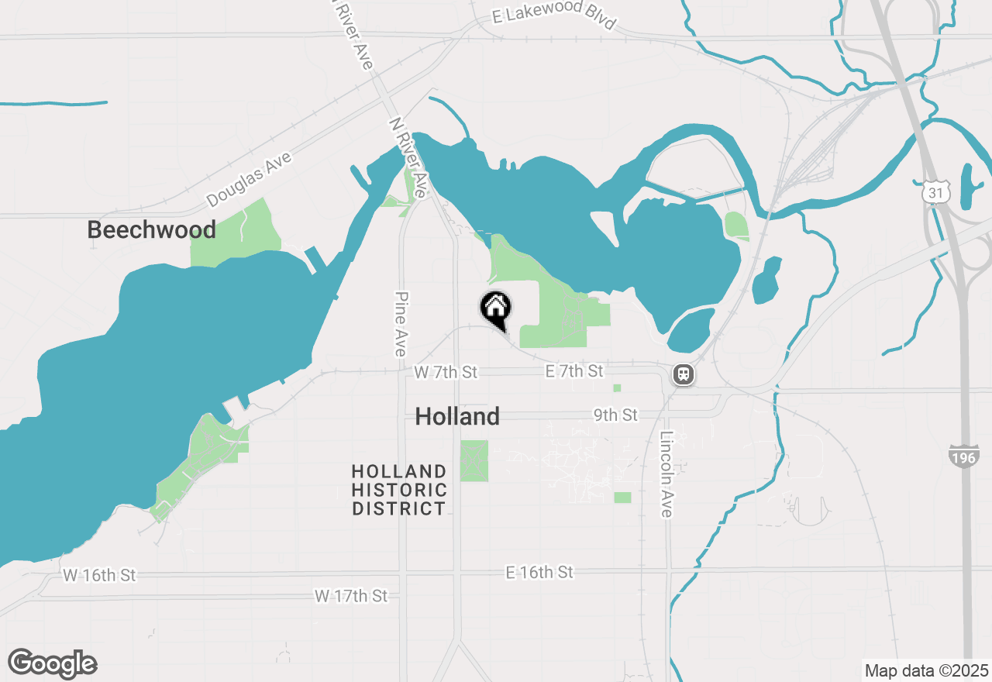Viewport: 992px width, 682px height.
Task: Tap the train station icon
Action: tap(683, 375)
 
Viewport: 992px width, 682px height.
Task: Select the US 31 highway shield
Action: tap(936, 191)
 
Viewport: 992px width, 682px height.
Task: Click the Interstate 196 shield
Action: tap(963, 456)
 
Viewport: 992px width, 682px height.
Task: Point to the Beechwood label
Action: tap(151, 229)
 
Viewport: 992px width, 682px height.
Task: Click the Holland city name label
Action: tap(457, 416)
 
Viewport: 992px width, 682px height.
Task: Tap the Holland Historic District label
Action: tap(399, 490)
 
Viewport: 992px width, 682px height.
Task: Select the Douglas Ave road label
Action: tap(250, 179)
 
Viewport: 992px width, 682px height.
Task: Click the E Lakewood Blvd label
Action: tap(554, 18)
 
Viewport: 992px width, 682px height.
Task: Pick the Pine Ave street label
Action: tap(401, 324)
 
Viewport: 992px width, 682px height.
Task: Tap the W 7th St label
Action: tap(446, 373)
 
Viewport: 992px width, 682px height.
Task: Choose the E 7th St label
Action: tap(574, 371)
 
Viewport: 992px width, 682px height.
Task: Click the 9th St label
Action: tap(616, 415)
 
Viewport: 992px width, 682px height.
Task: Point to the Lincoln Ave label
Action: tap(666, 474)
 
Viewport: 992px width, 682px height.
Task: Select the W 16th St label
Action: tap(99, 575)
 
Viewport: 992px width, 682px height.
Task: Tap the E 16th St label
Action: tap(539, 572)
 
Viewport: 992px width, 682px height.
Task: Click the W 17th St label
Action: tap(351, 595)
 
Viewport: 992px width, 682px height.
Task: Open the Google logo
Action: tap(52, 663)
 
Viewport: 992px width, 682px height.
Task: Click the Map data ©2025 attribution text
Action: tap(927, 670)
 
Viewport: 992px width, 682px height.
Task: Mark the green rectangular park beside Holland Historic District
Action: tap(474, 460)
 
